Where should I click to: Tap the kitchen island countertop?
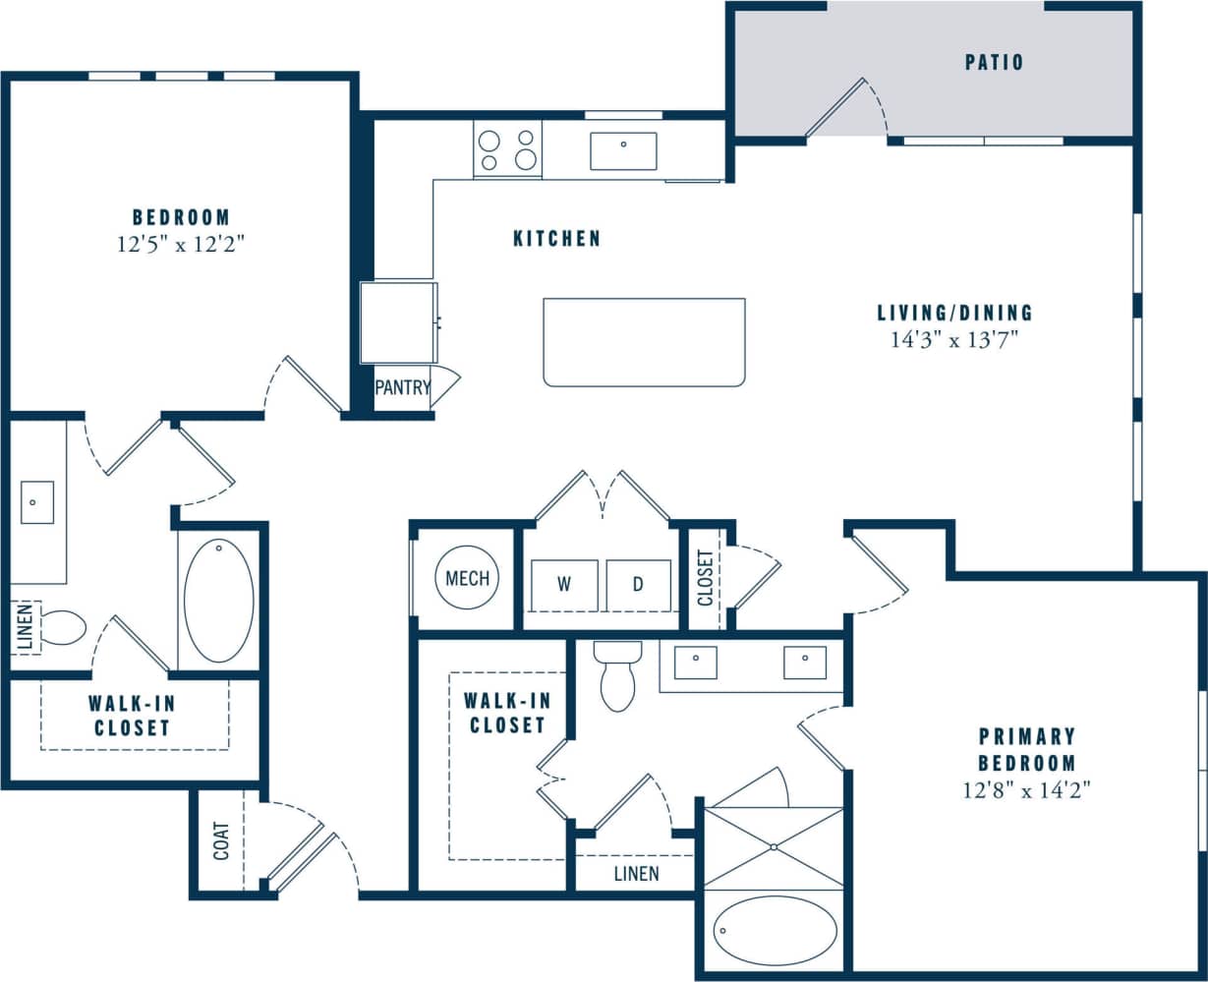pos(644,342)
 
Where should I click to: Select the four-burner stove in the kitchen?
pos(507,149)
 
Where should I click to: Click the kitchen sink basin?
pos(623,151)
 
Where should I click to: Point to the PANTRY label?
pos(402,388)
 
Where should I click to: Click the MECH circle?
pos(467,579)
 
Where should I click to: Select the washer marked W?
pos(564,585)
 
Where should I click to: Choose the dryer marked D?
pos(638,585)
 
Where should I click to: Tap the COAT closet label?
pos(222,841)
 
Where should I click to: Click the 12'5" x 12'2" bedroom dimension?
pos(180,245)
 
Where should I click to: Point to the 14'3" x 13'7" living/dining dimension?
pos(954,341)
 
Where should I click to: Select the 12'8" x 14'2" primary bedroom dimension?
pos(1027,789)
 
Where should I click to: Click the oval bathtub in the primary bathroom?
pos(775,930)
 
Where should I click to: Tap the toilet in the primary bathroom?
pos(617,676)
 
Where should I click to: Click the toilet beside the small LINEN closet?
pos(63,627)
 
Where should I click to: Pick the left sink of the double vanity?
pos(695,663)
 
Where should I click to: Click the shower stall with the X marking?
pos(775,847)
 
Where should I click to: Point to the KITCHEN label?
pos(556,239)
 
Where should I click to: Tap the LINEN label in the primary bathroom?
pos(636,874)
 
